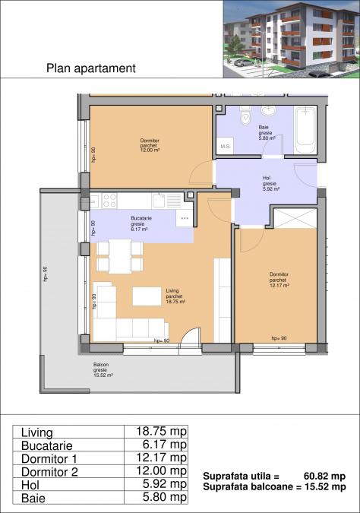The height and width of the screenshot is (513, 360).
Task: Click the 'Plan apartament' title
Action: pyautogui.click(x=91, y=68)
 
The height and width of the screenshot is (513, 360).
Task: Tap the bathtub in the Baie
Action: pyautogui.click(x=305, y=128)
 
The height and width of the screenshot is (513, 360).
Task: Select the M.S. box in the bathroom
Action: pyautogui.click(x=226, y=146)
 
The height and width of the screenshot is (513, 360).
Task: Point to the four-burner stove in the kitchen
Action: pyautogui.click(x=109, y=201)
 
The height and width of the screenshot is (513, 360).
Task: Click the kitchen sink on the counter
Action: pyautogui.click(x=160, y=201)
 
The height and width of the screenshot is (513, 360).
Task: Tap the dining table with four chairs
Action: pyautogui.click(x=120, y=255)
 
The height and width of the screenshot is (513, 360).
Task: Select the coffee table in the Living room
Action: pyautogui.click(x=147, y=296)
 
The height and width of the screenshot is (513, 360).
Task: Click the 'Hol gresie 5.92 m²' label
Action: pyautogui.click(x=270, y=183)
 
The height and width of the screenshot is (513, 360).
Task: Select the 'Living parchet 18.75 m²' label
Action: pyautogui.click(x=175, y=296)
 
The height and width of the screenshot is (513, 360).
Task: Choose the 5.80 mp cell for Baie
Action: pyautogui.click(x=156, y=497)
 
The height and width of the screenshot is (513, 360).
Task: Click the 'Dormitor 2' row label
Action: pyautogui.click(x=49, y=471)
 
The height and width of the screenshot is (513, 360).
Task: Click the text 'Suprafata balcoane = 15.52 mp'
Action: pyautogui.click(x=274, y=486)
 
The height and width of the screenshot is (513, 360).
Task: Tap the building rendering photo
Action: pyautogui.click(x=291, y=39)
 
